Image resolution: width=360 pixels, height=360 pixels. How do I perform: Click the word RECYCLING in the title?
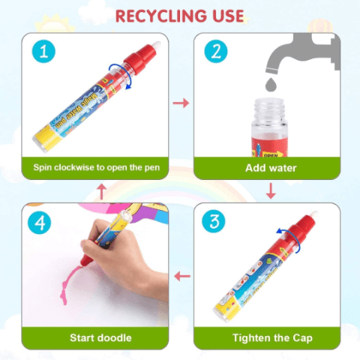point(161,16)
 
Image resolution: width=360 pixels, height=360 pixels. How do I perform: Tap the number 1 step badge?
point(43,52)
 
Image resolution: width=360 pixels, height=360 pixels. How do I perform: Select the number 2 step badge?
point(216,52)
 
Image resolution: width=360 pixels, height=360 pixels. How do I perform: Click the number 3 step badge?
point(214,221)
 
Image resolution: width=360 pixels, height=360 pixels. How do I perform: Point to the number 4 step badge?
point(40,223)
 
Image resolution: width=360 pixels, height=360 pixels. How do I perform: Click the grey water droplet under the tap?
point(271,85)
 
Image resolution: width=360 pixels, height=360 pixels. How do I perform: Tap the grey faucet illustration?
point(302,54)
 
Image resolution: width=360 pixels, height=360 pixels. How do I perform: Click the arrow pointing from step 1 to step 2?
point(181,103)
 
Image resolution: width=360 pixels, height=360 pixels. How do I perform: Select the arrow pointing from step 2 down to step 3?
point(271,191)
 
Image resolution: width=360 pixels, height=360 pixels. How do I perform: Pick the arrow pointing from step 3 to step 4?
point(182,277)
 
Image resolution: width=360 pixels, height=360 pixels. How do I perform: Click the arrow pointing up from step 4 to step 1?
point(101,191)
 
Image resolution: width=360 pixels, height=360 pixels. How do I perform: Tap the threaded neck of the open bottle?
point(269,108)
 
